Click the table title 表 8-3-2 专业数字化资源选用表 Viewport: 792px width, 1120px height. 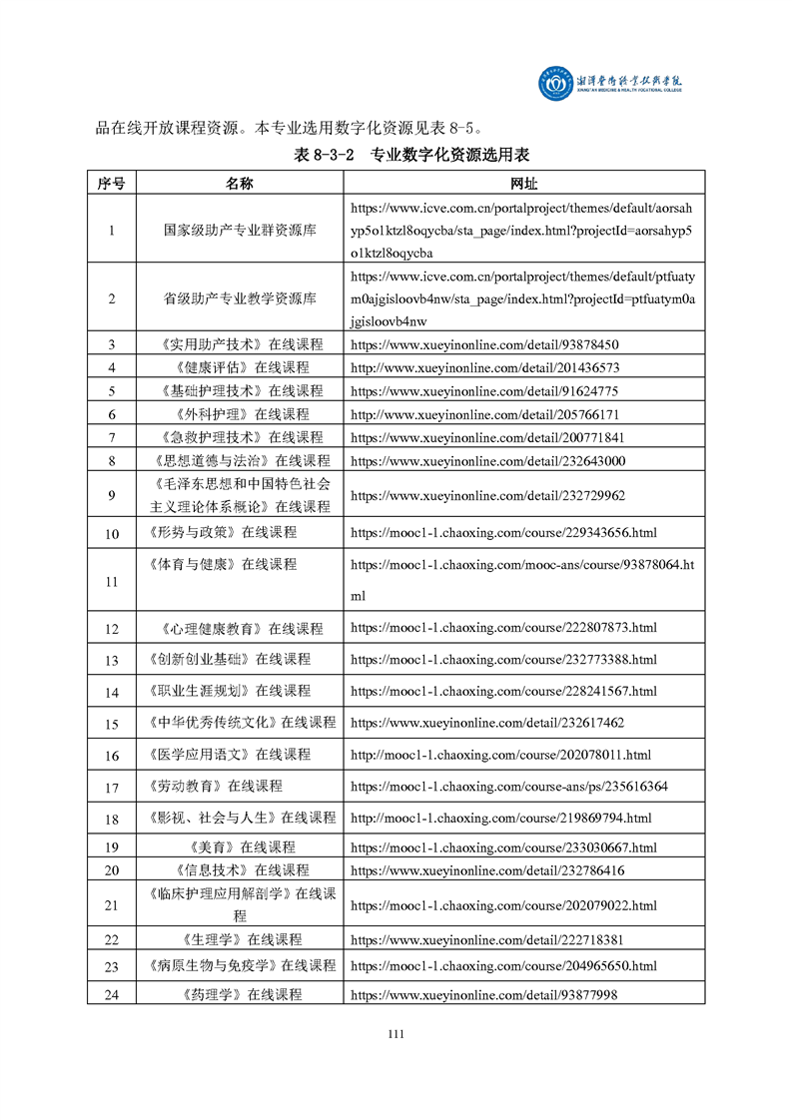point(411,155)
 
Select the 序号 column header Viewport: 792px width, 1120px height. point(111,184)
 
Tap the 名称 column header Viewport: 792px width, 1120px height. point(240,184)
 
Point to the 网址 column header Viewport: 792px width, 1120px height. point(523,184)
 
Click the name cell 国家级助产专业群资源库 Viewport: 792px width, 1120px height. point(240,230)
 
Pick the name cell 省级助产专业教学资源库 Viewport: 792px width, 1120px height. point(240,298)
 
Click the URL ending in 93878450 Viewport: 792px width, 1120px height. point(490,344)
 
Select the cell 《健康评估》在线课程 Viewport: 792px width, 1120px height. point(240,367)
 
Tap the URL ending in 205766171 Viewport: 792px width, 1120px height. point(486,414)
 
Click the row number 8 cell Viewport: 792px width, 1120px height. point(111,461)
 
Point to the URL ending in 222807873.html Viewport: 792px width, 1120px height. point(504,629)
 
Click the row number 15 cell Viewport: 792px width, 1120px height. point(111,724)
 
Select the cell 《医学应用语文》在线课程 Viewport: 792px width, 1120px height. point(240,755)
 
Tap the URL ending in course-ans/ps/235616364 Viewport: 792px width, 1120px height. point(509,787)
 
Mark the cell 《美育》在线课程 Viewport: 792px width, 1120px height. point(240,847)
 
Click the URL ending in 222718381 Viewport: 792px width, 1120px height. point(487,940)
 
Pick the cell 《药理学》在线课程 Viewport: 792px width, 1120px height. point(240,995)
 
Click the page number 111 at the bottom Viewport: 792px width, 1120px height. point(396,1034)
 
